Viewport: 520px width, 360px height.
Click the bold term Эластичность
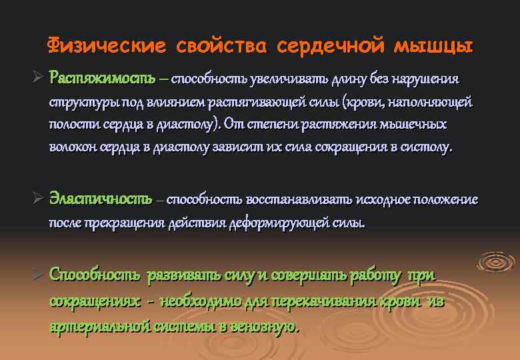coord(100,199)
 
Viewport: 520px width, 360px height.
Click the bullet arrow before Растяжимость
coord(38,79)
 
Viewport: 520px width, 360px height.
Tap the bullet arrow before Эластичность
coord(38,199)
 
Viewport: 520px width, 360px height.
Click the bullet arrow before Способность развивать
coord(38,275)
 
